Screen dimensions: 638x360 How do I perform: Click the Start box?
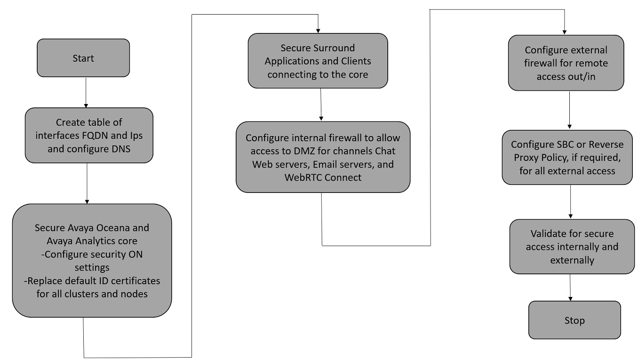83,58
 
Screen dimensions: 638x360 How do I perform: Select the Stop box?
574,320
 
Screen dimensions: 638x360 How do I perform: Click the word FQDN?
95,135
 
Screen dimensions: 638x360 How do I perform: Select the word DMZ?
304,151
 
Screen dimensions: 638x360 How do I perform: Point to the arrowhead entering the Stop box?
571,298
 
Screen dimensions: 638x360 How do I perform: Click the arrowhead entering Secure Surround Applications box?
318,31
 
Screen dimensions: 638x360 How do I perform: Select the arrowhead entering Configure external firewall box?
565,32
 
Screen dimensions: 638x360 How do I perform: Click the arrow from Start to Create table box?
86,93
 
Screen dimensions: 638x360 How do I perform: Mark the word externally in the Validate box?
572,260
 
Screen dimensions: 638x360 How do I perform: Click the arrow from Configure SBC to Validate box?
571,201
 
